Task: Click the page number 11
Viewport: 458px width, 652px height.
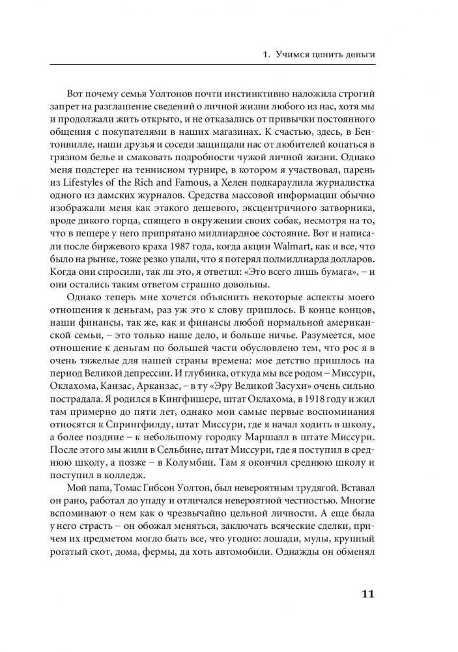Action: pyautogui.click(x=366, y=594)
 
